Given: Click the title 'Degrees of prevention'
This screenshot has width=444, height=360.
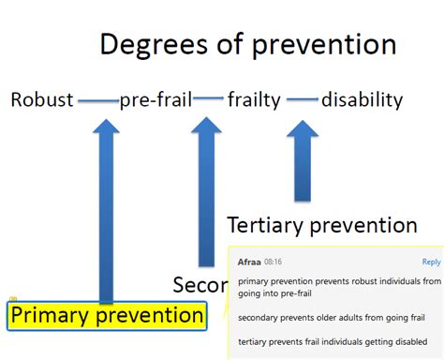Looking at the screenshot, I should click(247, 44).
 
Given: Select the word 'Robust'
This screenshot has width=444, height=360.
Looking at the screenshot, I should click(42, 99).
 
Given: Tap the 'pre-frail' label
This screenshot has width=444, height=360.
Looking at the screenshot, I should click(155, 99).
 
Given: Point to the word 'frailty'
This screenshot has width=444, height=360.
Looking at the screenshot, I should click(254, 99).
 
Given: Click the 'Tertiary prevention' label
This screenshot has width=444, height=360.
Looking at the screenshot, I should click(321, 225).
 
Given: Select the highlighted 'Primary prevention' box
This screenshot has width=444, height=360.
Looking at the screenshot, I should click(106, 315).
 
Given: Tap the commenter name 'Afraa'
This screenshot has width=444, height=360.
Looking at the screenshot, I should click(249, 262).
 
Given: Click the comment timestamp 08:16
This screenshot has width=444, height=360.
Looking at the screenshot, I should click(274, 262).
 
